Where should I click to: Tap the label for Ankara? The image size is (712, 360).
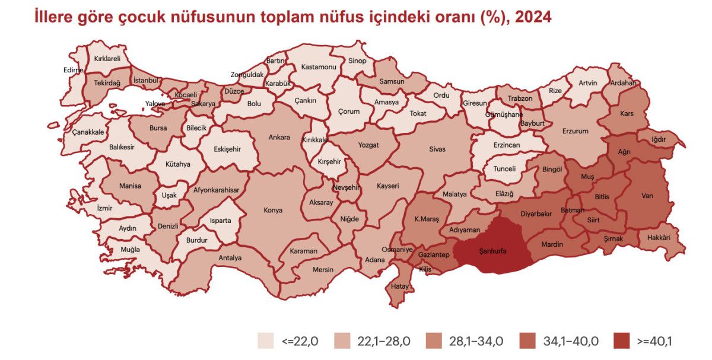[279, 138]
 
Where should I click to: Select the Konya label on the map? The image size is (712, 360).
[273, 210]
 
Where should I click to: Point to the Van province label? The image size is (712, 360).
[647, 195]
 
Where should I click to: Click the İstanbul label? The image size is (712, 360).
[145, 80]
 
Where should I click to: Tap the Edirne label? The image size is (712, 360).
[74, 69]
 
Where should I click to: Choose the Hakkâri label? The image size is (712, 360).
[659, 237]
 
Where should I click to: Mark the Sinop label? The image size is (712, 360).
[357, 60]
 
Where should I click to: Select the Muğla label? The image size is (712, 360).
[131, 250]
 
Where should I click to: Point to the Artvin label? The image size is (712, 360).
[588, 83]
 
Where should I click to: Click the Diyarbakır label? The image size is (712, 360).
[536, 214]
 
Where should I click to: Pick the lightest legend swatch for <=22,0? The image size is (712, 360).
[265, 341]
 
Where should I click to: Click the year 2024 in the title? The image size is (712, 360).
[533, 17]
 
